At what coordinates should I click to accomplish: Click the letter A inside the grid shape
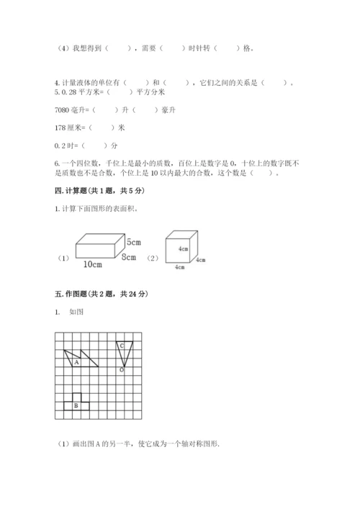(x=76, y=363)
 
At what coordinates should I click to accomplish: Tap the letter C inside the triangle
(x=122, y=346)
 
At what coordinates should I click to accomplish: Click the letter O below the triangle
(x=121, y=370)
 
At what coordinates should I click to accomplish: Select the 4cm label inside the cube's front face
(x=184, y=249)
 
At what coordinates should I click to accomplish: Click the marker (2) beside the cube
(x=152, y=257)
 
